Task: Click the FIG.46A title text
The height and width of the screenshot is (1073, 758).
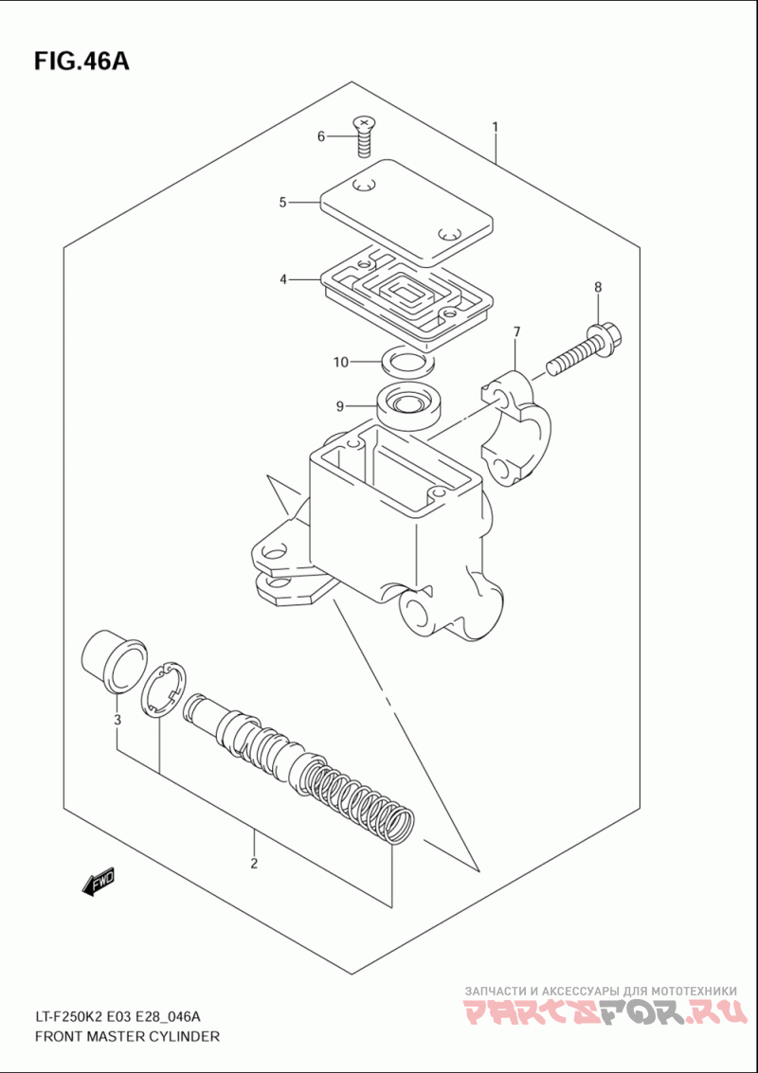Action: (x=81, y=63)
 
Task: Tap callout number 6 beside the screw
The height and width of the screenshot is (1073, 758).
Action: (x=321, y=137)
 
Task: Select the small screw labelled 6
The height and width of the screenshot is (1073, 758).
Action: (x=363, y=136)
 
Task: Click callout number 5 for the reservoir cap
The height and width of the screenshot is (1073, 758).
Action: (x=282, y=202)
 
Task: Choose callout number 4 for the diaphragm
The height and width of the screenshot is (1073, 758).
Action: (x=282, y=279)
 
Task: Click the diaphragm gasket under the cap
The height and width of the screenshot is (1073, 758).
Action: (x=406, y=293)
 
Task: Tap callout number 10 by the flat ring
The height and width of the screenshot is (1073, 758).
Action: (x=341, y=362)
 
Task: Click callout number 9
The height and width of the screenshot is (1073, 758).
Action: (x=339, y=407)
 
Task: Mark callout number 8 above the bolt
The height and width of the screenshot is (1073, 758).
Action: (x=598, y=287)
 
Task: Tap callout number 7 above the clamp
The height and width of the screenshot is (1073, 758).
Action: (x=516, y=332)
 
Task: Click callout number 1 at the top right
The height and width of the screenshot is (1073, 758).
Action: (x=495, y=127)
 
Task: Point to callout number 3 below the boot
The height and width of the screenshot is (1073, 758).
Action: (x=117, y=720)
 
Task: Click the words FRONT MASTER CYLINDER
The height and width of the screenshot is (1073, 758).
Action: (x=127, y=1037)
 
